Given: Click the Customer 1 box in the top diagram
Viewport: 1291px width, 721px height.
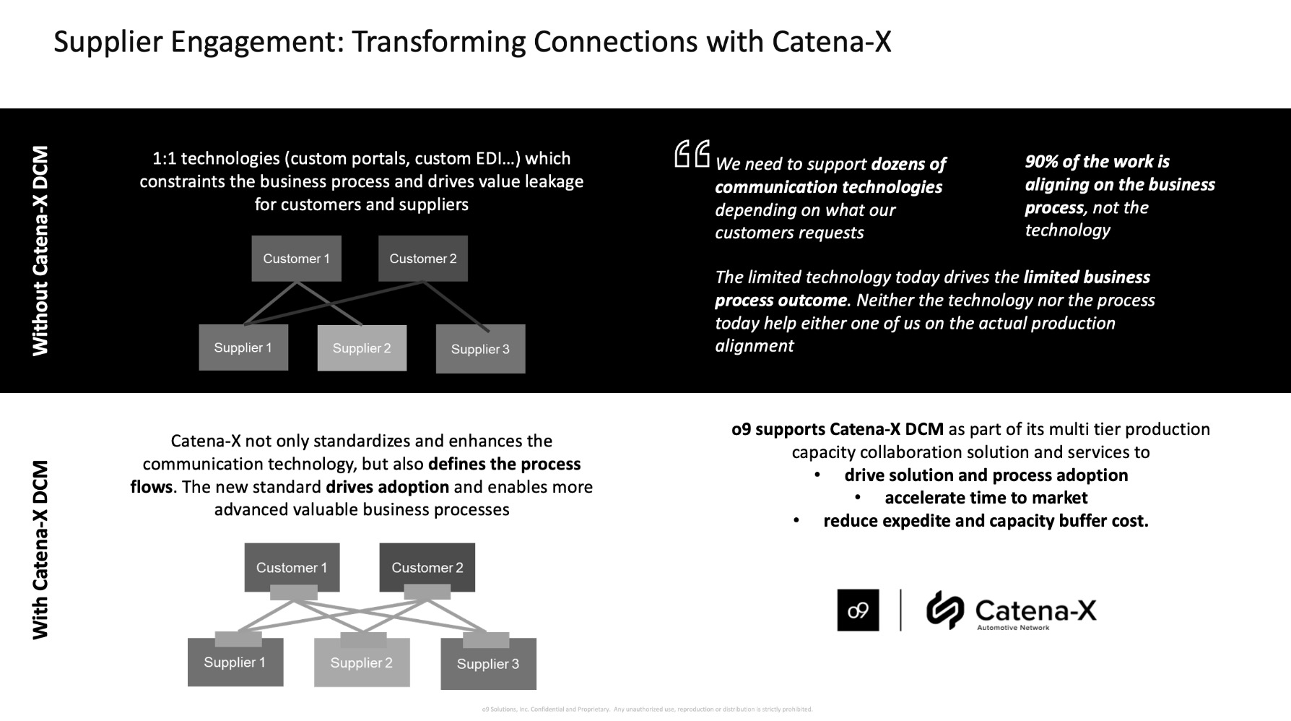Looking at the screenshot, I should click(x=296, y=259).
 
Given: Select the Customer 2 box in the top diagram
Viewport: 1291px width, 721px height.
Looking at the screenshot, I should click(x=422, y=259).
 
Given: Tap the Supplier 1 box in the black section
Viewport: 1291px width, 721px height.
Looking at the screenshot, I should click(x=243, y=347).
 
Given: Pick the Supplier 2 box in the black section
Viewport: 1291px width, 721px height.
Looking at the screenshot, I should click(x=362, y=348).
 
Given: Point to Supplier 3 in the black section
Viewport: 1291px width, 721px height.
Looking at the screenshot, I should click(x=480, y=350).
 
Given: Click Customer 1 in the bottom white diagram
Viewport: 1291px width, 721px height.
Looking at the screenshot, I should click(x=292, y=567).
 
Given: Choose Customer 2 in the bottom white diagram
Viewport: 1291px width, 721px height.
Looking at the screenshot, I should click(x=427, y=567).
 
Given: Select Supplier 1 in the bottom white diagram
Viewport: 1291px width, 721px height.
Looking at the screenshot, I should click(x=235, y=663).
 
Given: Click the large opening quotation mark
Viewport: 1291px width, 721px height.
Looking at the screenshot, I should click(x=692, y=154).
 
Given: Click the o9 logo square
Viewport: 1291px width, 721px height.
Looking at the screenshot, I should click(x=858, y=610).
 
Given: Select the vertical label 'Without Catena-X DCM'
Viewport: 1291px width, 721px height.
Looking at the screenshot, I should click(x=40, y=251).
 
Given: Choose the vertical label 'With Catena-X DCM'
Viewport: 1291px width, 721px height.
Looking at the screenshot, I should click(x=40, y=550).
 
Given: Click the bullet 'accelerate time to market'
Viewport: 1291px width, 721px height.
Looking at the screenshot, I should click(x=986, y=498).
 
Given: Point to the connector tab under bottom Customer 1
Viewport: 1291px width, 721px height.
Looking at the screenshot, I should click(x=293, y=592).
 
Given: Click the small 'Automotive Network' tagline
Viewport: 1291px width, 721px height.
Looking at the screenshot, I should click(x=1013, y=629).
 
